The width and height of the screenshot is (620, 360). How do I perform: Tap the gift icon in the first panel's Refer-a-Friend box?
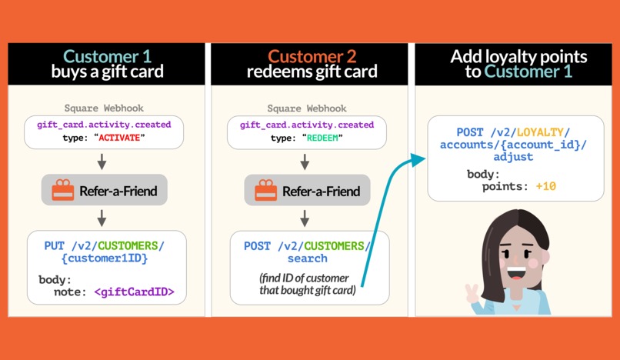click(x=63, y=191)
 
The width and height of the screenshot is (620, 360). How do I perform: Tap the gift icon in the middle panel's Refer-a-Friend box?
click(x=266, y=191)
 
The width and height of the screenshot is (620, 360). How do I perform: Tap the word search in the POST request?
click(x=308, y=258)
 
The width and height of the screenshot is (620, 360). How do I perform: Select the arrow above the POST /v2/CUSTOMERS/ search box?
click(x=305, y=218)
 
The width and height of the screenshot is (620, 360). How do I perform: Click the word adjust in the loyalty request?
click(x=513, y=157)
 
